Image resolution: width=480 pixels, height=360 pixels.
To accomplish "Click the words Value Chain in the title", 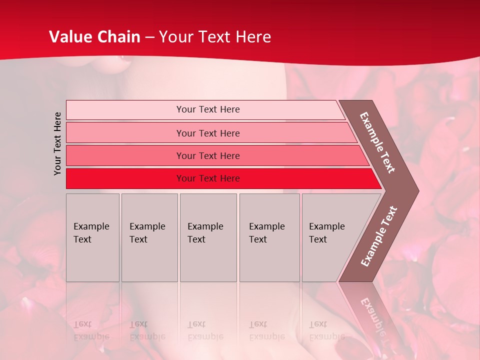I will click(94, 37).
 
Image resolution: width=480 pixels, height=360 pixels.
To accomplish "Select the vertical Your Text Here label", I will click(57, 143).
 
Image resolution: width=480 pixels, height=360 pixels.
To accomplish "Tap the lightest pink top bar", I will click(125, 109).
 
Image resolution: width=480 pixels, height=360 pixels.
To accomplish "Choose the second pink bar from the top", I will click(125, 133).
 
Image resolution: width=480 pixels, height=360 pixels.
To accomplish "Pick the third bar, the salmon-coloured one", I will click(125, 155).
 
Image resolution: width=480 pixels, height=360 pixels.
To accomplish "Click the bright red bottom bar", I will click(125, 178).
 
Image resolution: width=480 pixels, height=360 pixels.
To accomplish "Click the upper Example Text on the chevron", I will click(377, 142).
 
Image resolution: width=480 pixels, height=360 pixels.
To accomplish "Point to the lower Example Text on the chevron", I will click(379, 236).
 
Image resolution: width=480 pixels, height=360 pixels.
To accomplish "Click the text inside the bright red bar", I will click(208, 178).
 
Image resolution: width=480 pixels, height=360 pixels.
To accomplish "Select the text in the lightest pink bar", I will click(208, 109).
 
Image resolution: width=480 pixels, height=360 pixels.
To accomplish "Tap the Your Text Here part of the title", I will click(215, 37).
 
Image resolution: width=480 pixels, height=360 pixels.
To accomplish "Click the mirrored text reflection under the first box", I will click(91, 330).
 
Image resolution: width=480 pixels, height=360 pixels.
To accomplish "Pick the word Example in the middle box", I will click(205, 226).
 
